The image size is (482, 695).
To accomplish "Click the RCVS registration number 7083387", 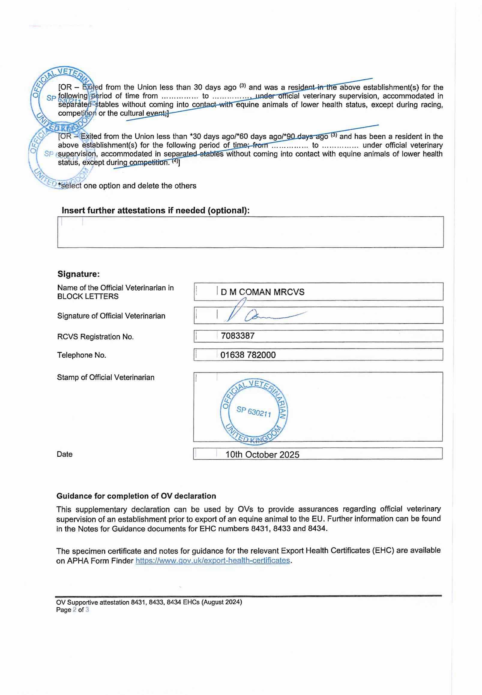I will (x=238, y=336).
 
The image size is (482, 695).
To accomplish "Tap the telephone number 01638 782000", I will (x=248, y=355).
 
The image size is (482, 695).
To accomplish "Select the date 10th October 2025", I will (x=262, y=455).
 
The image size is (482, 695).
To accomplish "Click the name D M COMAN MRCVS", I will (x=262, y=292).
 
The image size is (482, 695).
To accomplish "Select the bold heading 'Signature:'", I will (x=79, y=274).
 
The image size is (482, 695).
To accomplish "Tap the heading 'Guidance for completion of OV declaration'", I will (x=136, y=496).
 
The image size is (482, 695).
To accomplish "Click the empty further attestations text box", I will (x=250, y=232).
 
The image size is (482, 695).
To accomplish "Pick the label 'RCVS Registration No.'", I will (x=95, y=337).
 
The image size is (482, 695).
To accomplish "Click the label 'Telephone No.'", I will (x=82, y=355).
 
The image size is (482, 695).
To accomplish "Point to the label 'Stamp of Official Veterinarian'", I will (x=106, y=377).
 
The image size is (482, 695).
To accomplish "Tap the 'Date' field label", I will (x=65, y=454).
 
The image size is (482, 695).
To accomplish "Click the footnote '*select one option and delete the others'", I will (x=128, y=186).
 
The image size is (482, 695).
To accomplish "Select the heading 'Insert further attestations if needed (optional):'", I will (x=155, y=210).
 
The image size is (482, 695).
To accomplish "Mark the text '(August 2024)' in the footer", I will (x=222, y=602).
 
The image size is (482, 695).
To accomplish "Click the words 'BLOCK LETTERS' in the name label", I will (x=88, y=296).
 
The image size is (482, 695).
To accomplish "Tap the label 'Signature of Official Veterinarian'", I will (x=111, y=316).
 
